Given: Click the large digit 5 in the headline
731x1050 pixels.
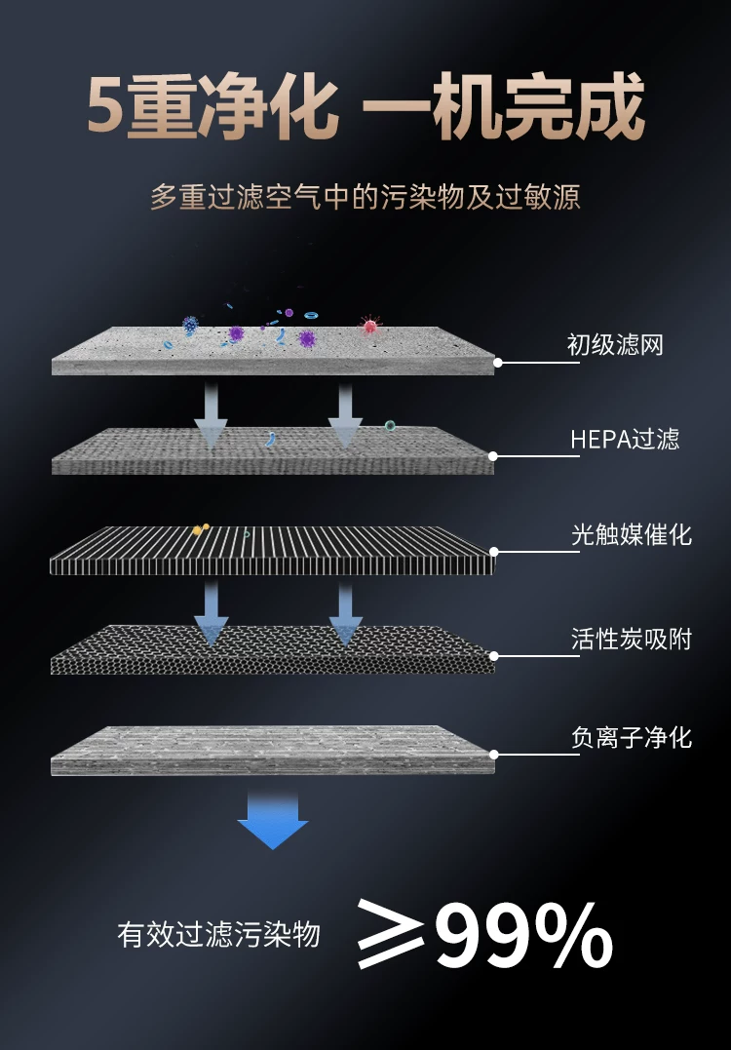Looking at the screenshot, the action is tap(106, 106).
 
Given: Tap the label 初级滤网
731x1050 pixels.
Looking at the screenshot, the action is tap(614, 345).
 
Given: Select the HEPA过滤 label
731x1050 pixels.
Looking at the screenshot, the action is tap(625, 440).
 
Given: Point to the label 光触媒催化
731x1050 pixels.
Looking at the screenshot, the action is tap(632, 535).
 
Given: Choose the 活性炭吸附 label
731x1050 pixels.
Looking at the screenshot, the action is tap(632, 640).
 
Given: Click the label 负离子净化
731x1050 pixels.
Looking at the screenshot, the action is tap(632, 737).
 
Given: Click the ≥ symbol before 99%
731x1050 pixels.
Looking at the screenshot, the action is tap(390, 933).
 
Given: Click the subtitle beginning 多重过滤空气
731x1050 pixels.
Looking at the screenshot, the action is tap(365, 198).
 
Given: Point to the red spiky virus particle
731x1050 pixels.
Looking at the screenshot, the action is tap(369, 326).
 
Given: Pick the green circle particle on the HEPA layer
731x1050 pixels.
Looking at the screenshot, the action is tap(390, 425).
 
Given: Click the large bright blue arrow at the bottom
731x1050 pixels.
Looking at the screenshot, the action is tap(273, 821).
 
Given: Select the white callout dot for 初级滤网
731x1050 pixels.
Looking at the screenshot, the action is tap(498, 363).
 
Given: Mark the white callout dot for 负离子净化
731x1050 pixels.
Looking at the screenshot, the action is tap(493, 754).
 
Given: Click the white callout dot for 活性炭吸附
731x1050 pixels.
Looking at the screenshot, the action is tap(494, 656).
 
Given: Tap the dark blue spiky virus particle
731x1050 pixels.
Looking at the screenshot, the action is tap(191, 325).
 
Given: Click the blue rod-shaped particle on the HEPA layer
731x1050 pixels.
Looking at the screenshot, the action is tap(271, 440).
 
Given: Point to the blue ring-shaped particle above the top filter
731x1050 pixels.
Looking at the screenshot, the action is tap(311, 315).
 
